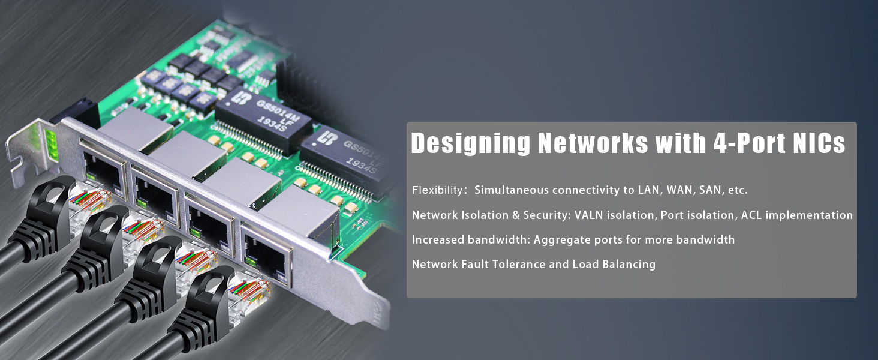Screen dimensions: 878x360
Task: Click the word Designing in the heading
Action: (470, 143)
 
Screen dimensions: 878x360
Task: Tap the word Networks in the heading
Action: (593, 143)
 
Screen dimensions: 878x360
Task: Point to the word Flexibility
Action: (437, 190)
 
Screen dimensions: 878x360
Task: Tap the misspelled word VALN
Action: (588, 215)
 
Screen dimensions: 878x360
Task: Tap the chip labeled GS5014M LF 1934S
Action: (263, 119)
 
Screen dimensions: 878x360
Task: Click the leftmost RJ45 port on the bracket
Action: (103, 173)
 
